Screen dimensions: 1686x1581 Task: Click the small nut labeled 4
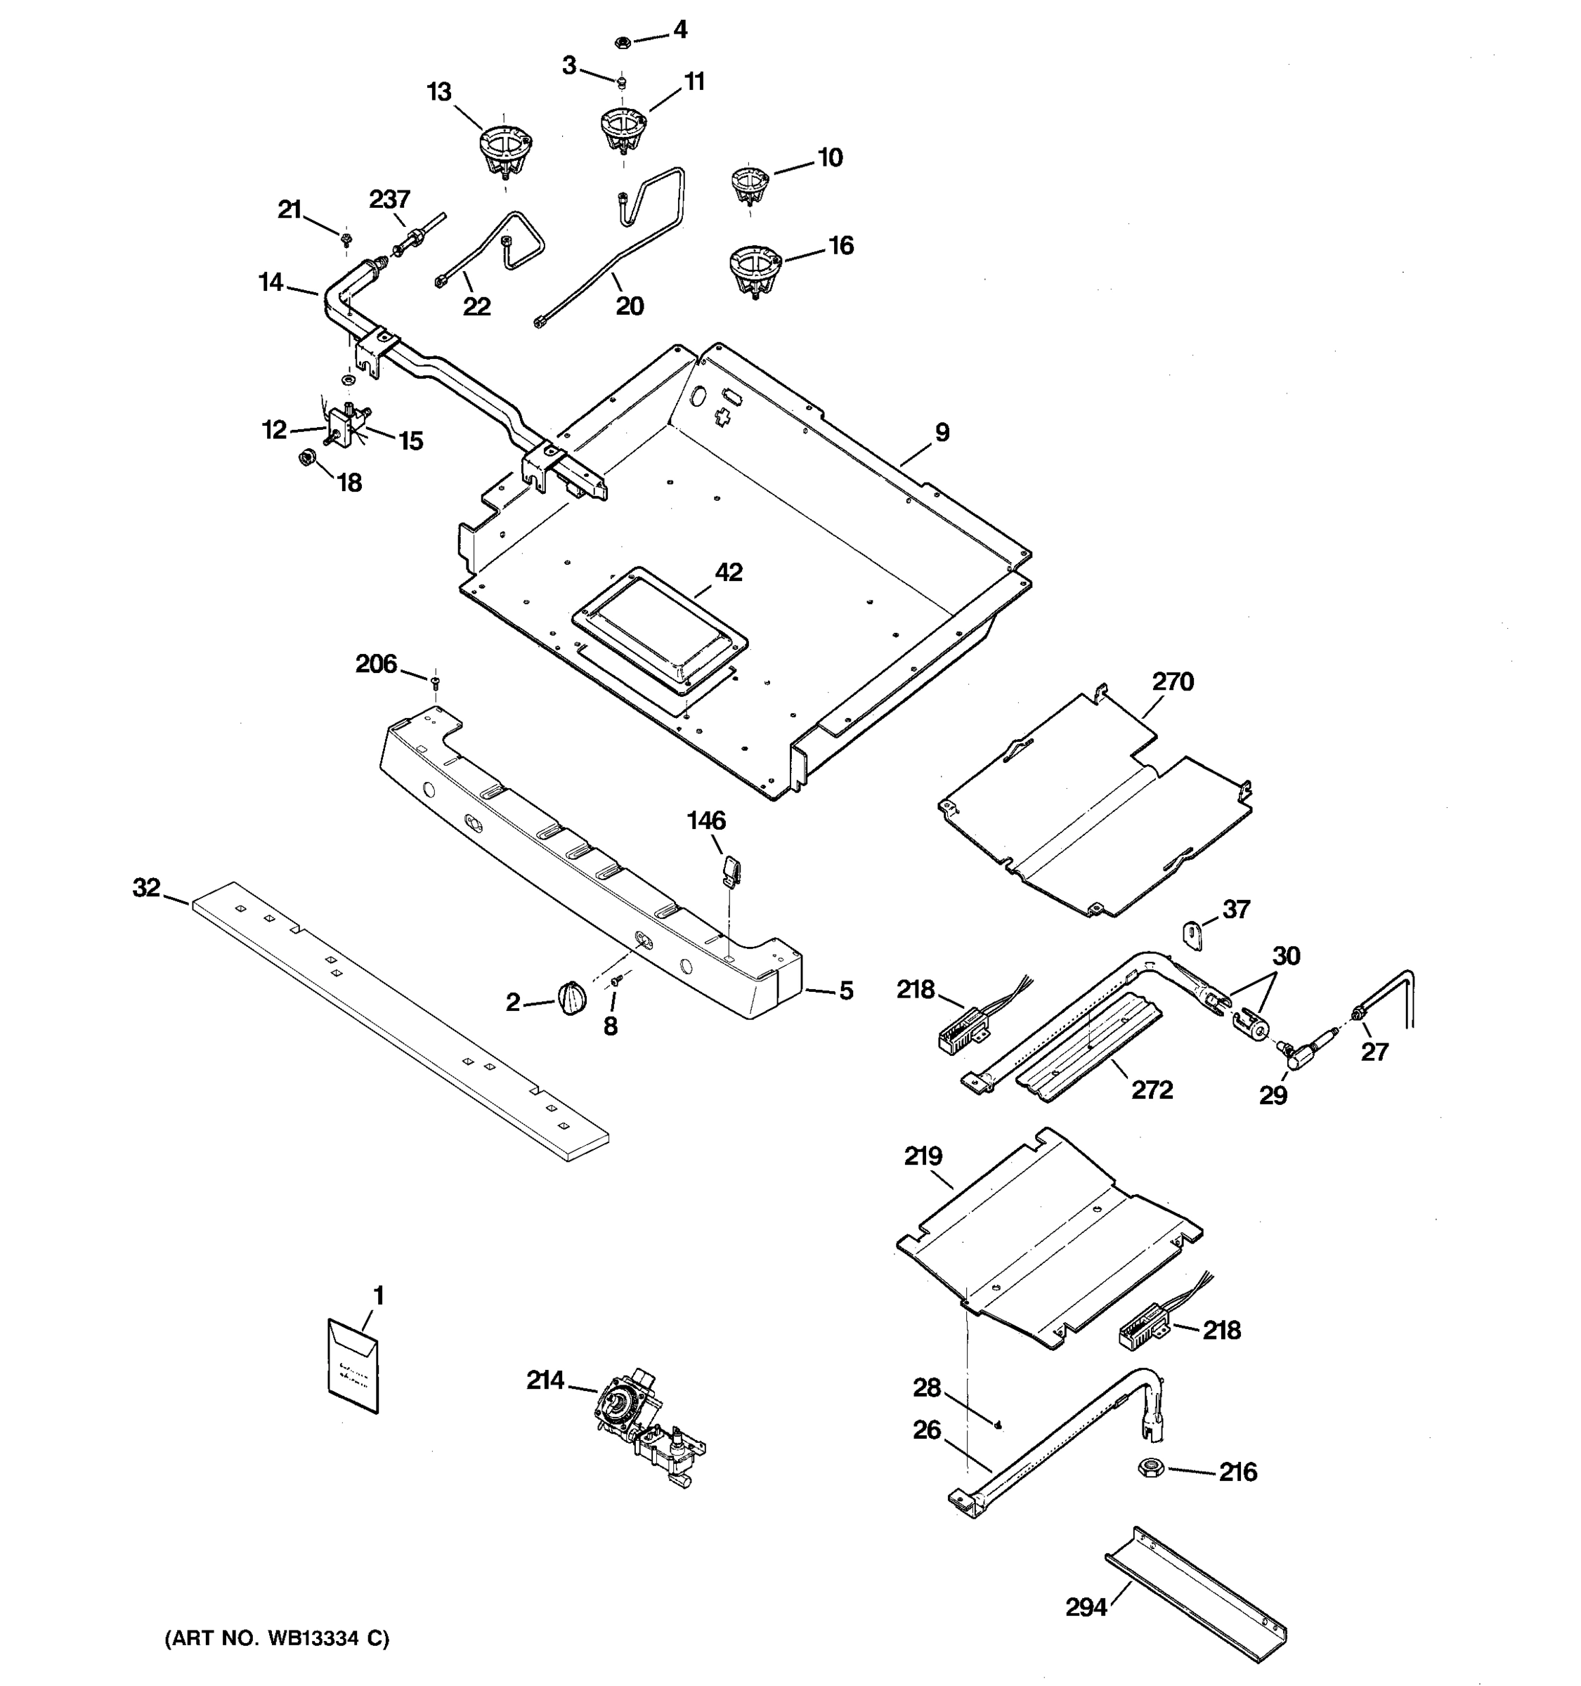(x=621, y=40)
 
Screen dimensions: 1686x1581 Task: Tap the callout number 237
(x=389, y=200)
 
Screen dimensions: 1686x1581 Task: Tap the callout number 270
(x=1173, y=682)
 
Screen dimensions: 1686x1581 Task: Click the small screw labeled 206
(x=435, y=680)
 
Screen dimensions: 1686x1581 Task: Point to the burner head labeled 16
(x=753, y=270)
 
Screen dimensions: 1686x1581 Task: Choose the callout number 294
(x=1086, y=1607)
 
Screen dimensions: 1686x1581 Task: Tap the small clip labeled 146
(x=730, y=868)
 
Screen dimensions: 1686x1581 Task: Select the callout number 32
(x=147, y=888)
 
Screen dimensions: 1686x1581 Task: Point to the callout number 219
(x=923, y=1156)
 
